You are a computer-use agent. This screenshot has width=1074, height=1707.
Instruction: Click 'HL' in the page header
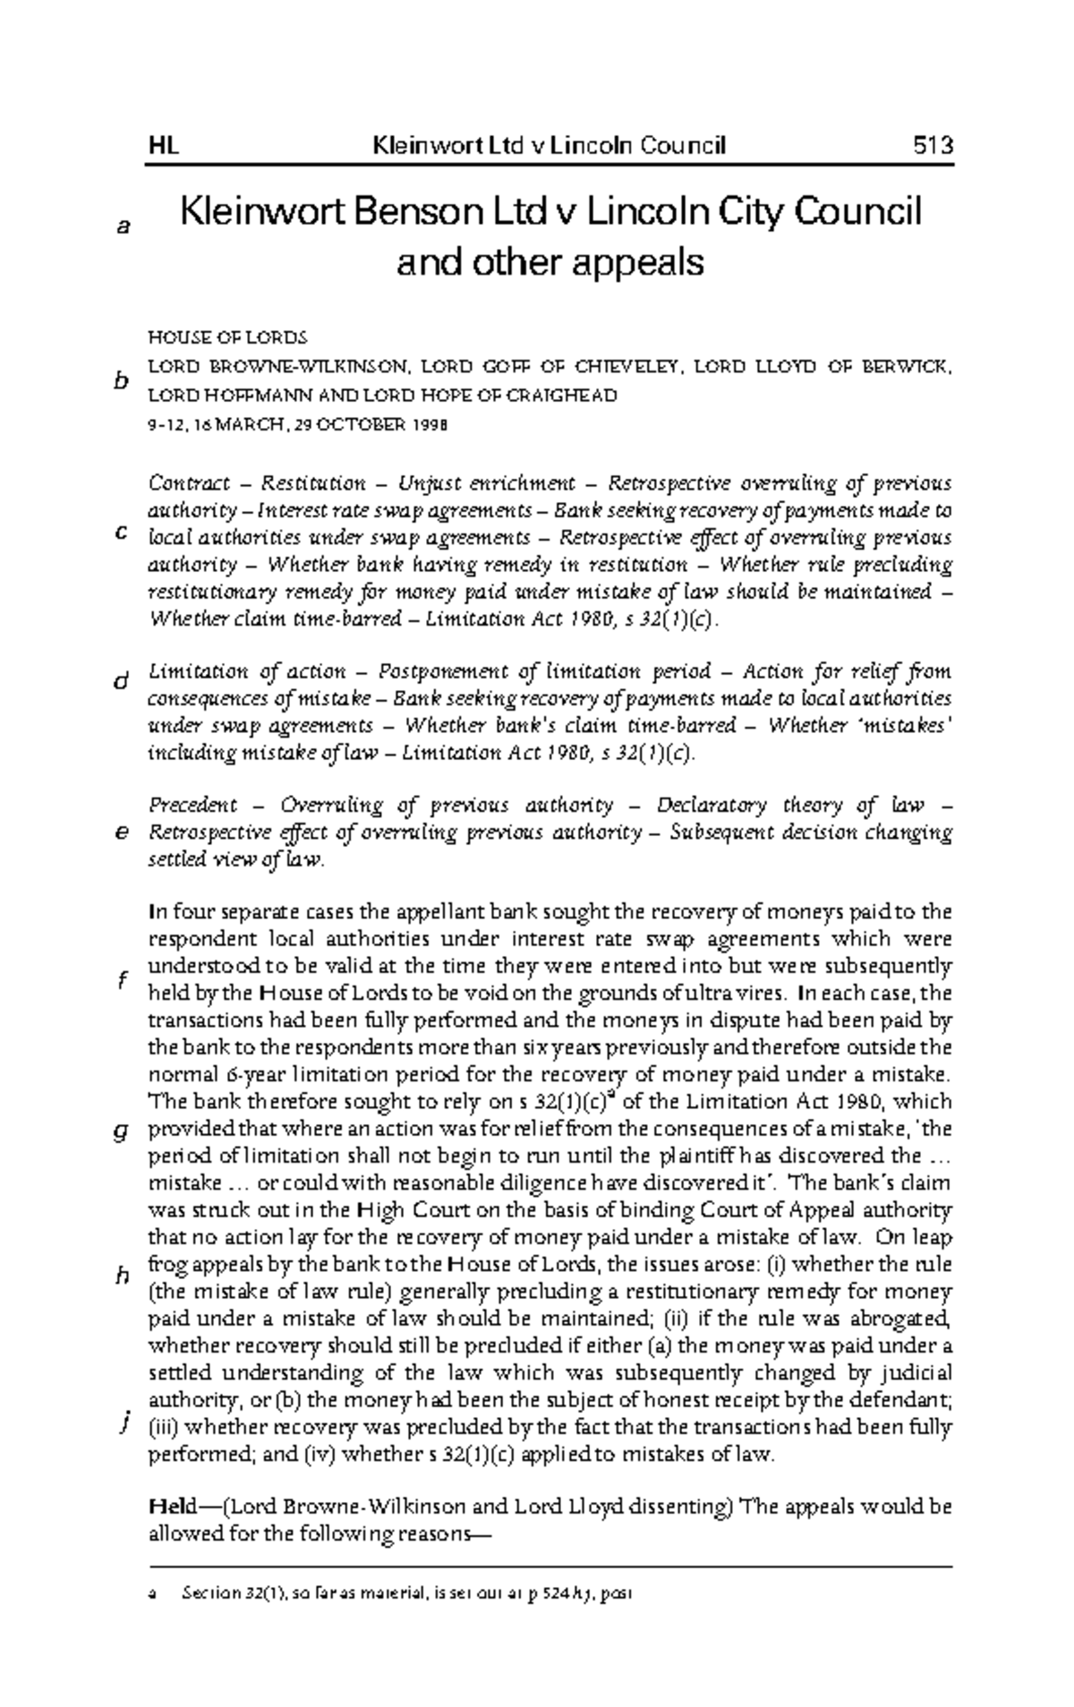[163, 145]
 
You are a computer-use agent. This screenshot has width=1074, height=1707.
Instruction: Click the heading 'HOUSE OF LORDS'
[227, 338]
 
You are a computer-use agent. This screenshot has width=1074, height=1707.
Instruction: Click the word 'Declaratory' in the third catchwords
[711, 806]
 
